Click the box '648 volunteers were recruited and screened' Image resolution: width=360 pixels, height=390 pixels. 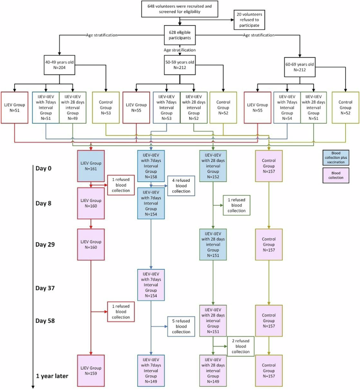pos(180,9)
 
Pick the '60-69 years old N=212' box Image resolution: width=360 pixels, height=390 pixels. pos(300,65)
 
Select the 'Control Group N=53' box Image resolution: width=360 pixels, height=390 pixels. pos(106,107)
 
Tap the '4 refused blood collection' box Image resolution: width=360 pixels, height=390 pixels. pos(181,186)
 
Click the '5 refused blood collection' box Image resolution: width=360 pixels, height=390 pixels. pos(181,326)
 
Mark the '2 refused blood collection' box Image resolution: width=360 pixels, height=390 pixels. pos(240,347)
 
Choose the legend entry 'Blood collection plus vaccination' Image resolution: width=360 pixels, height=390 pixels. pos(336,159)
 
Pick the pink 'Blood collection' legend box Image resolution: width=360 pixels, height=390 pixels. pos(336,175)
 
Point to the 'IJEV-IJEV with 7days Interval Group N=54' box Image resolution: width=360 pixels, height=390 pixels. pos(286,107)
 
